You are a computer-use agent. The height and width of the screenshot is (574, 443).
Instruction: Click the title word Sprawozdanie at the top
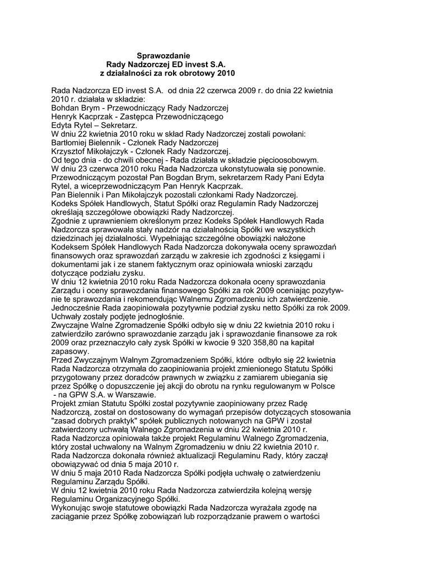[x=164, y=55]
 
